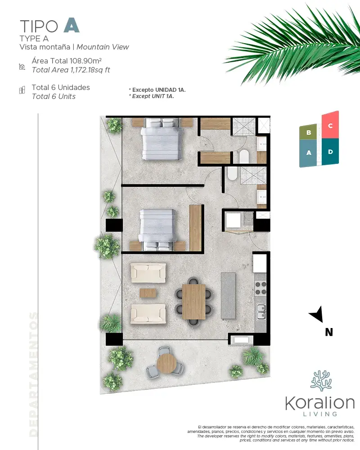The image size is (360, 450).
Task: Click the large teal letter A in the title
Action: point(72,25)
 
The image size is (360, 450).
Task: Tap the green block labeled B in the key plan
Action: point(308,132)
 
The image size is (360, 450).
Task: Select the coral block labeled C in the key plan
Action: point(330,126)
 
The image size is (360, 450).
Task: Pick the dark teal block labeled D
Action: point(330,152)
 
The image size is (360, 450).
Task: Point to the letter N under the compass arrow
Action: point(329,332)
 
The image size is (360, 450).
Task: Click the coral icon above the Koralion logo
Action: point(321,381)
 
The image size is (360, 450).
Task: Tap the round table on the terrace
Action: point(166,363)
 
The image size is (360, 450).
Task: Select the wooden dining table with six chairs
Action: point(194,301)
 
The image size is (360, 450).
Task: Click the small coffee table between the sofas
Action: point(148,293)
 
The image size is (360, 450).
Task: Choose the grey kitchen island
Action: point(228,296)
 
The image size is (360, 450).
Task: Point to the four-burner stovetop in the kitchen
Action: point(261,288)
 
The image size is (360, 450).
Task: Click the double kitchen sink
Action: point(261,312)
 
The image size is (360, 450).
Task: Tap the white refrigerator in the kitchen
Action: point(260,263)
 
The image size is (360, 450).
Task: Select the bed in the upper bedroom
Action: point(162,139)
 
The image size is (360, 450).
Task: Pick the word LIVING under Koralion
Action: point(320,414)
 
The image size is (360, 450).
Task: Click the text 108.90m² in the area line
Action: point(85,61)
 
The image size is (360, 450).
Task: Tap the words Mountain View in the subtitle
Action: point(103,47)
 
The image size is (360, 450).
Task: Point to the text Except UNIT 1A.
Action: point(153,96)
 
